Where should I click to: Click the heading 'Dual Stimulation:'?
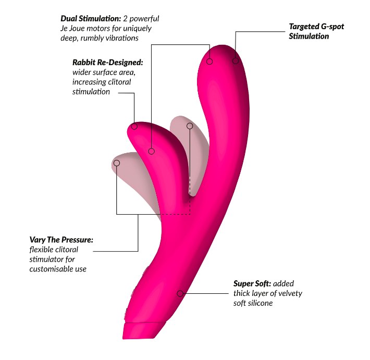(91, 18)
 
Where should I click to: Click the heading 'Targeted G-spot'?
(316, 26)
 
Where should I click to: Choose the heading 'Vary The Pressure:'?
(61, 240)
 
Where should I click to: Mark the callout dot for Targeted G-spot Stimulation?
(236, 61)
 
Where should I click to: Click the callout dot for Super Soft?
(180, 293)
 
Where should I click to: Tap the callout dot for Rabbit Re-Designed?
(134, 126)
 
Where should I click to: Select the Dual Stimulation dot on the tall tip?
(210, 61)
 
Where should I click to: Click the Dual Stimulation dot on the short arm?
(151, 151)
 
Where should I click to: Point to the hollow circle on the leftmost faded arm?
(117, 163)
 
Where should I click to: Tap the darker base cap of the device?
(141, 330)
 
